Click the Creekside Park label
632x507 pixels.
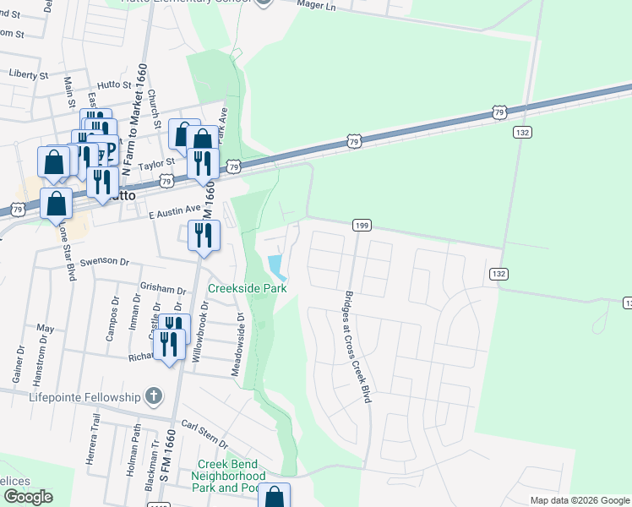pos(248,288)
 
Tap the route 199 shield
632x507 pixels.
pos(362,225)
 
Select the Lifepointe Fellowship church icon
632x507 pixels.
pos(153,395)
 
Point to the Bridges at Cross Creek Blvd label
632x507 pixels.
pos(357,346)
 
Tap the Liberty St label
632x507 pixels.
pos(29,75)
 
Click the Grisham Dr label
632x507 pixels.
pos(164,289)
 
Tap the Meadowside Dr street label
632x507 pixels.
pos(239,345)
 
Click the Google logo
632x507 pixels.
pos(27,497)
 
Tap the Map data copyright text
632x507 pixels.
pos(580,500)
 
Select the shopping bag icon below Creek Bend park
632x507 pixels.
pos(274,498)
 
